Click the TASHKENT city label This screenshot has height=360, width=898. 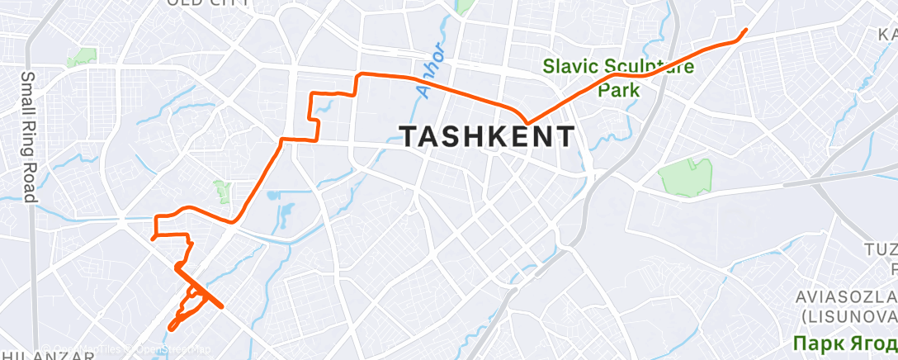coord(487,136)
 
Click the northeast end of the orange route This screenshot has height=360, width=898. coord(745,31)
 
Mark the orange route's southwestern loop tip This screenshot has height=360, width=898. coord(171,328)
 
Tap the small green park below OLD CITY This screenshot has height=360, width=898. coord(82,58)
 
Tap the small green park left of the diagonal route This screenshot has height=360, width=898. coord(221,192)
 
